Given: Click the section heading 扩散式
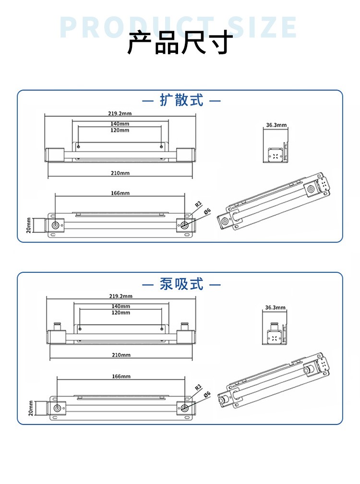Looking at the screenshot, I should coord(181,101).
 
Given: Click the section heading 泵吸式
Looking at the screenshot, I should coord(181,284).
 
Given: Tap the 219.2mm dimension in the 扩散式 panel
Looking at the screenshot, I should coord(120,113).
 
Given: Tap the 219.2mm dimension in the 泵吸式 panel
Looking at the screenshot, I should coord(120,296).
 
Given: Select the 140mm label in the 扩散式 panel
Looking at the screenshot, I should coord(120,124).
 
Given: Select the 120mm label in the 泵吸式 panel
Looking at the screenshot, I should coord(120,313).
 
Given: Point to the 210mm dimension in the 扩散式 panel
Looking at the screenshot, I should coord(120,173).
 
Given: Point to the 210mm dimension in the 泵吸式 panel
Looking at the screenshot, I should coord(120,355).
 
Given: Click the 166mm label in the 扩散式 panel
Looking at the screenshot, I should coord(120,193).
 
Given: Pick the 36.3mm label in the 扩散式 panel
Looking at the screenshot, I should coord(276,125).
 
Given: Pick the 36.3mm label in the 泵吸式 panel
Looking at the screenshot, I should coord(275,307).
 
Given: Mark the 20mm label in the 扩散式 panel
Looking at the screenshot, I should coord(29,225).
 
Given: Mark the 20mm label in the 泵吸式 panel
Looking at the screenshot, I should coord(30,408).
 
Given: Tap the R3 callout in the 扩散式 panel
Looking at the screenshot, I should coord(197,205).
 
